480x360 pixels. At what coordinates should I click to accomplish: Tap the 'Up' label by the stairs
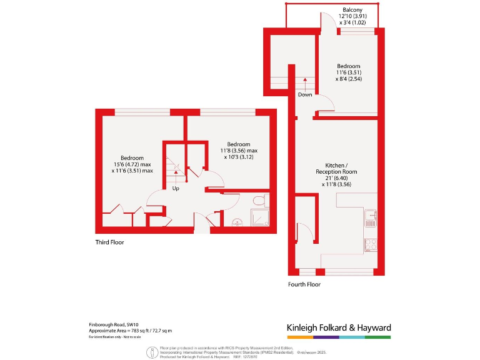pyautogui.click(x=176, y=188)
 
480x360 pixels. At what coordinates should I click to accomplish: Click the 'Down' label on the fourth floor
pyautogui.click(x=305, y=95)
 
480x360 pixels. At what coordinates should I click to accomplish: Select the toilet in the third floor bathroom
pyautogui.click(x=259, y=201)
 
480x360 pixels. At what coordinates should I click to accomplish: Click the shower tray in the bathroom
pyautogui.click(x=259, y=218)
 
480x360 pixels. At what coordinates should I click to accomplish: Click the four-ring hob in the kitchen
pyautogui.click(x=370, y=245)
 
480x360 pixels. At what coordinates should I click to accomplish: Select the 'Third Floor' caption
pyautogui.click(x=109, y=242)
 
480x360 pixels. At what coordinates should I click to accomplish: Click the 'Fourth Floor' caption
pyautogui.click(x=304, y=284)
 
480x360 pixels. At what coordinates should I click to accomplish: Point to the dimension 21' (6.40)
pyautogui.click(x=336, y=177)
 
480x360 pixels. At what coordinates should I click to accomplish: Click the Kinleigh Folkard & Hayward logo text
pyautogui.click(x=338, y=327)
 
